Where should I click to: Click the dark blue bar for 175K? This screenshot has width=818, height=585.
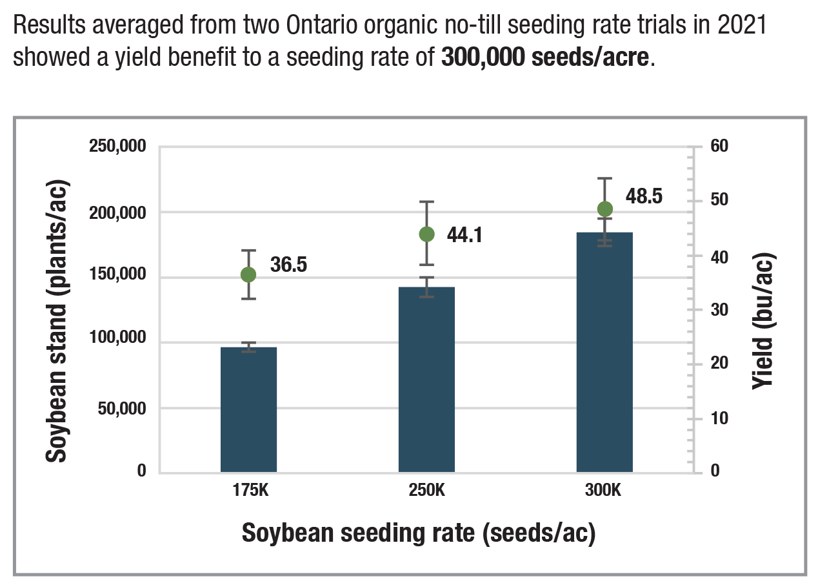[x=248, y=409]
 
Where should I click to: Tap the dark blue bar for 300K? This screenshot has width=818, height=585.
[x=604, y=353]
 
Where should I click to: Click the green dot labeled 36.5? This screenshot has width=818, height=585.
[x=248, y=274]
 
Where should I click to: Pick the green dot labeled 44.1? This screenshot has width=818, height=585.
[x=426, y=234]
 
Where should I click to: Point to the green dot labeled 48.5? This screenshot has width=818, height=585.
[x=605, y=209]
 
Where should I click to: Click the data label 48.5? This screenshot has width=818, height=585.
[x=644, y=196]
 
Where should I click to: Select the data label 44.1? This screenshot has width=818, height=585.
[x=465, y=234]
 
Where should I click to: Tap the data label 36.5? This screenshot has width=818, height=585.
[x=288, y=265]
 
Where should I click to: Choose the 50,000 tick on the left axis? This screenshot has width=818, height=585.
[x=121, y=408]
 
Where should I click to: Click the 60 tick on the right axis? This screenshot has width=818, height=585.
[x=719, y=146]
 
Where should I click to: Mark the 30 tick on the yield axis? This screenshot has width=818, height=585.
[x=719, y=309]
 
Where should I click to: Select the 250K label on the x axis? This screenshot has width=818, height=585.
[x=426, y=490]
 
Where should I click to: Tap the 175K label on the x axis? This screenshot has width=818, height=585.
[x=249, y=490]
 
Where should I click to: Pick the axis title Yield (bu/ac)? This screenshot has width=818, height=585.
[x=764, y=321]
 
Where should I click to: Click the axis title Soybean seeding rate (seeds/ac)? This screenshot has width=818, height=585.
[x=418, y=533]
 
